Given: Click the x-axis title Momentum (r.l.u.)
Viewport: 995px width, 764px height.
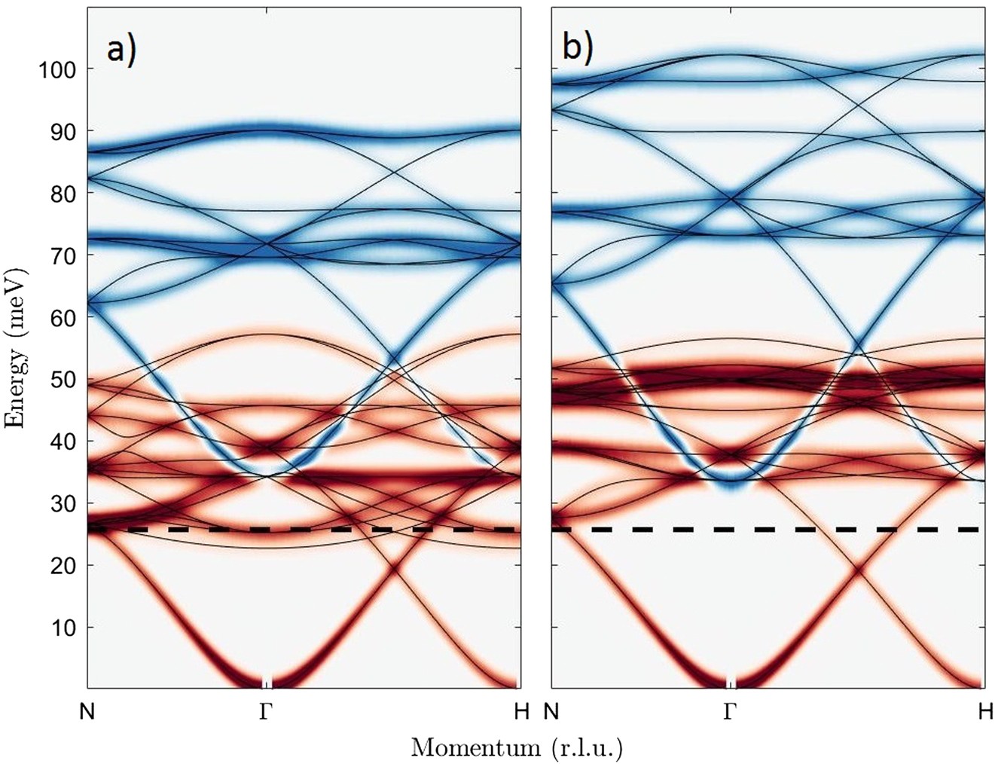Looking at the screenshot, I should pyautogui.click(x=517, y=747).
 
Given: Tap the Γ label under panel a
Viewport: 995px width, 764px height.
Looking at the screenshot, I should pyautogui.click(x=264, y=711).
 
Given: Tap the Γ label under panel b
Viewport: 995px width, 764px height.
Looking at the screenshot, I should pyautogui.click(x=729, y=711).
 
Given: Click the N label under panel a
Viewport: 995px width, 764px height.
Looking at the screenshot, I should pyautogui.click(x=88, y=711).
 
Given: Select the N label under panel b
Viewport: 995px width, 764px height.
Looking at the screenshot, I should pyautogui.click(x=552, y=711).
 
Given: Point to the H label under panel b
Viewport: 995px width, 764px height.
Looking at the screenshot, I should pyautogui.click(x=985, y=711).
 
